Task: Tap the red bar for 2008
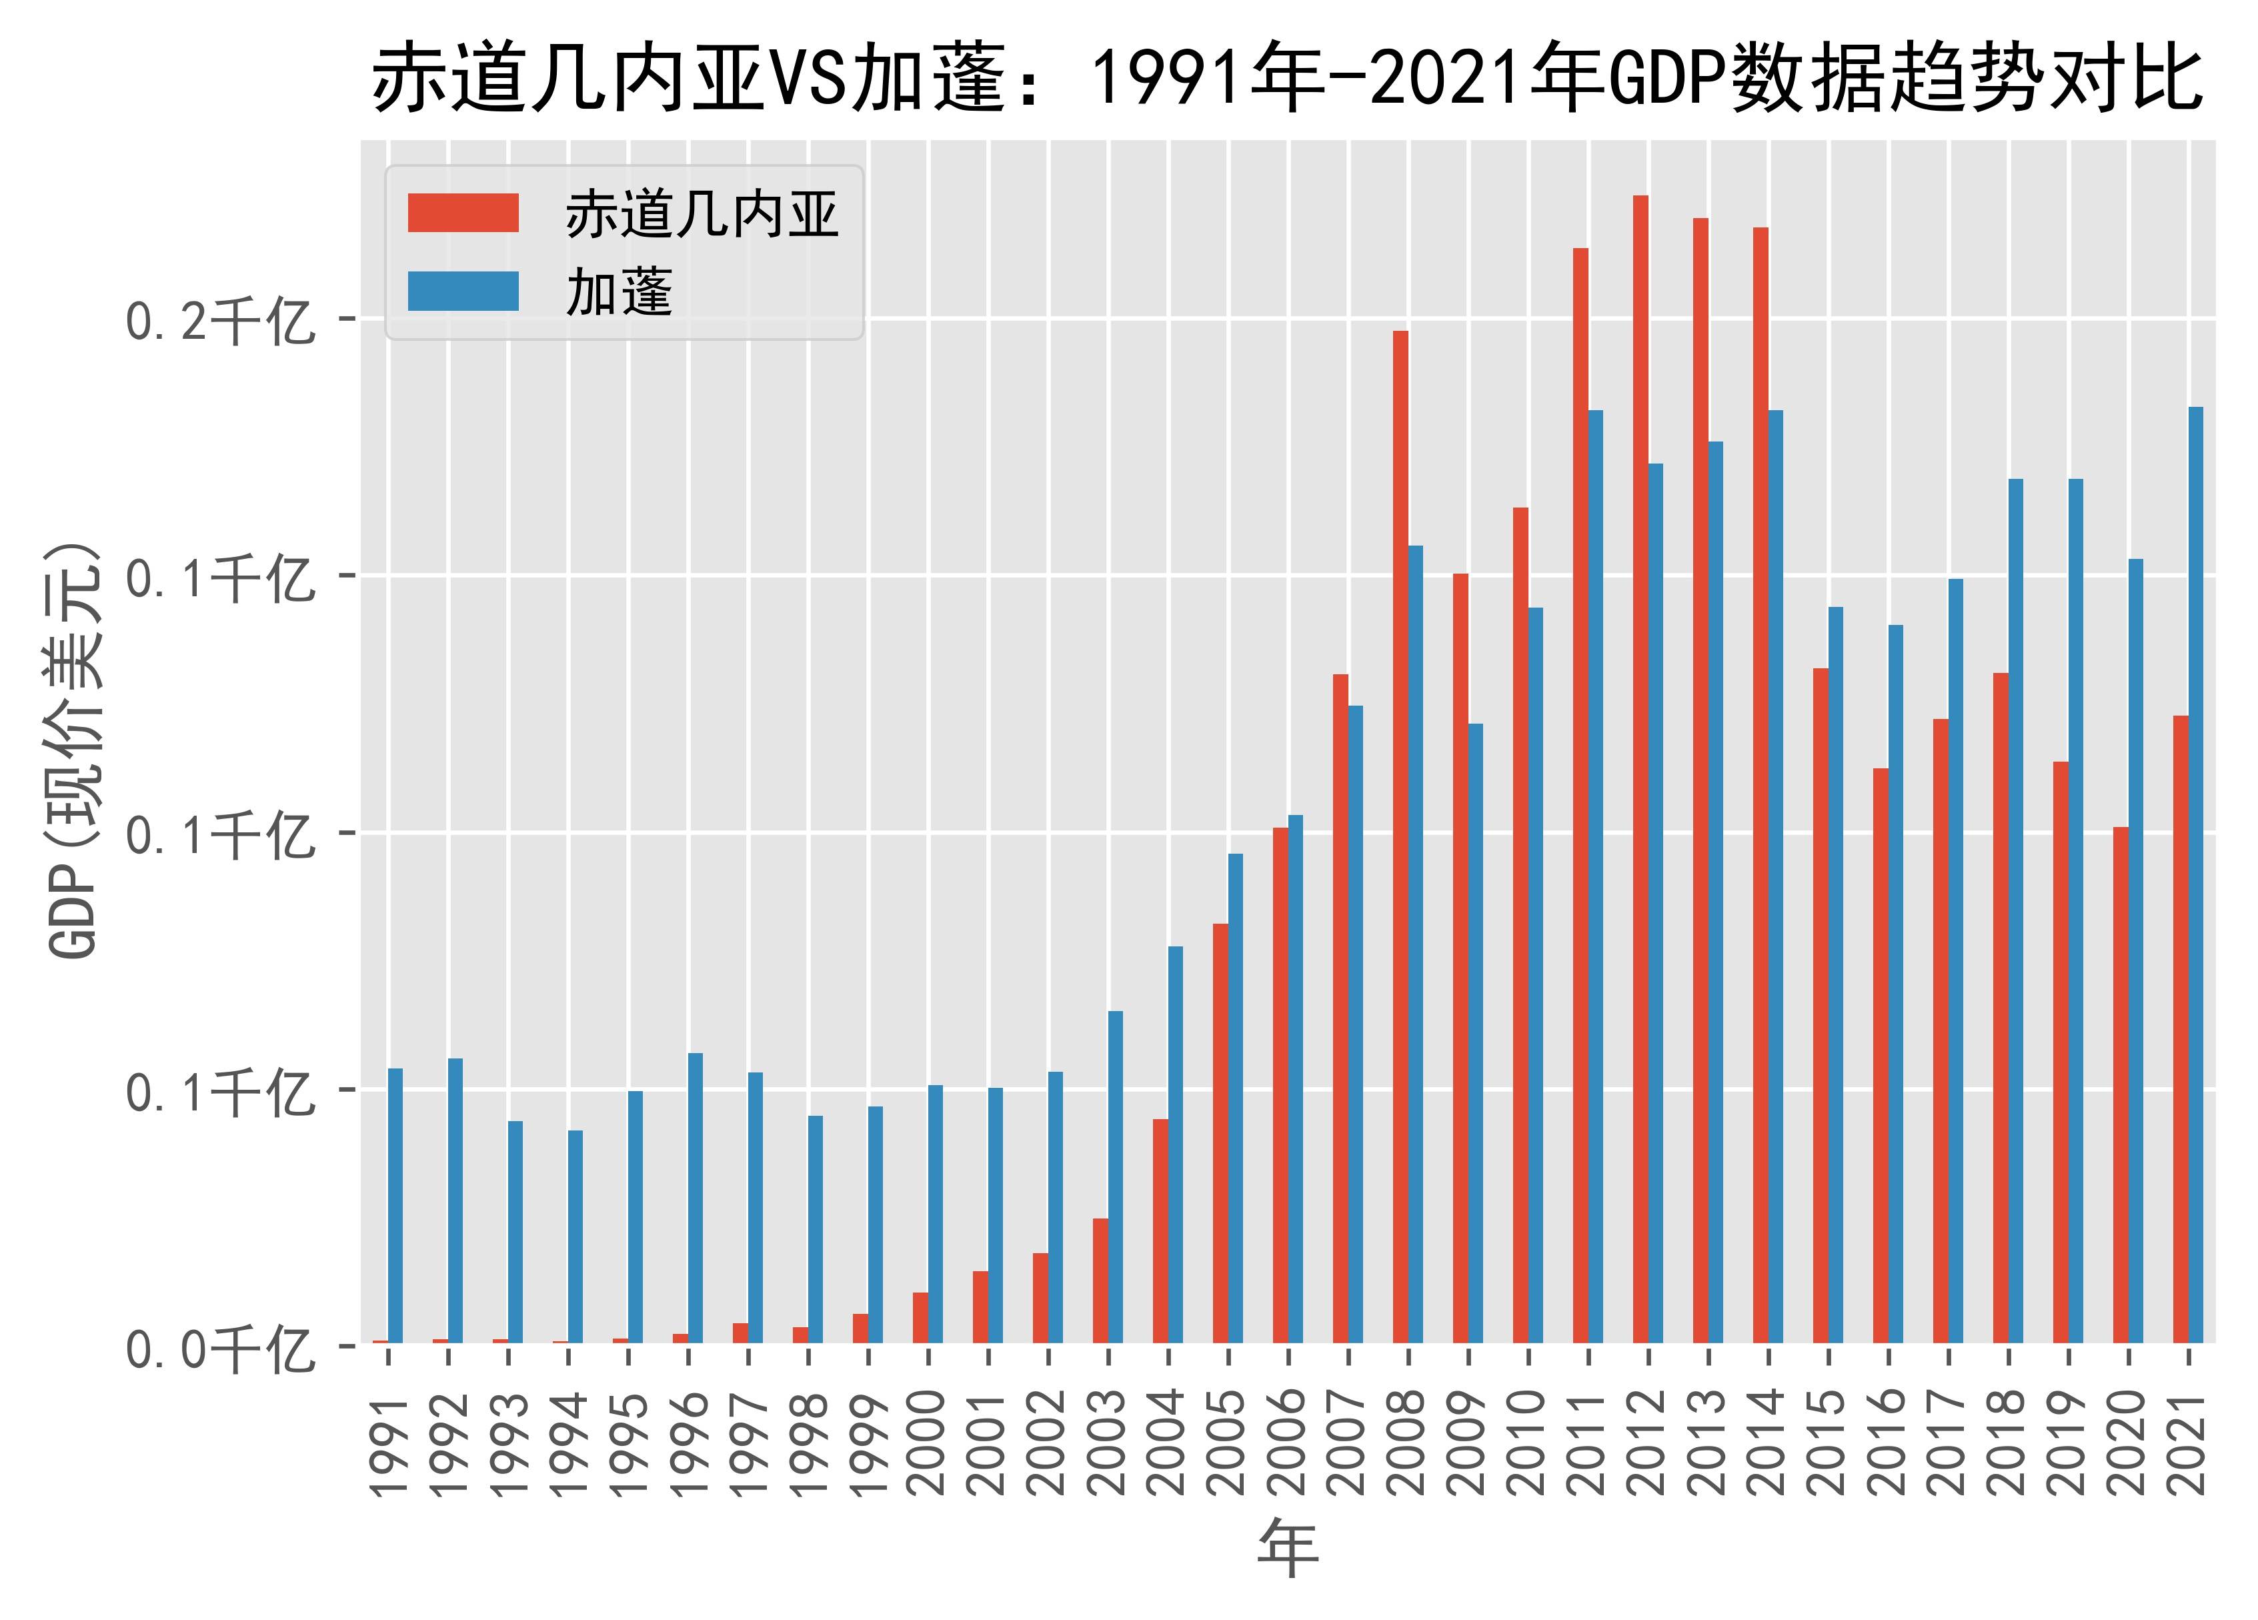[1400, 836]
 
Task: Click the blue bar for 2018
[2015, 911]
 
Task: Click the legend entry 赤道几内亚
[702, 214]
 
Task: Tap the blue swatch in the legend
[463, 291]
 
